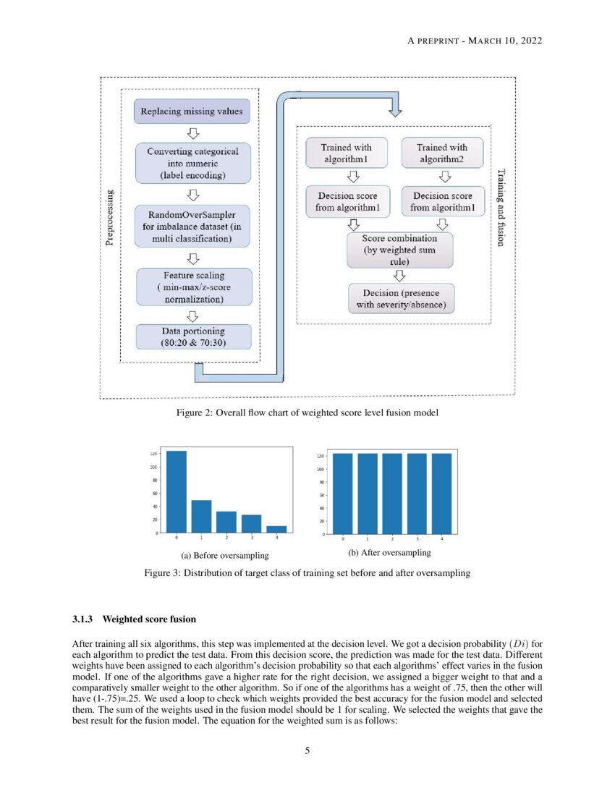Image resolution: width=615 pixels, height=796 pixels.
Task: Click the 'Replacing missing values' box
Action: pos(192,111)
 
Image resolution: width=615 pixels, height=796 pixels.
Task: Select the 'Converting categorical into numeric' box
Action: pos(192,163)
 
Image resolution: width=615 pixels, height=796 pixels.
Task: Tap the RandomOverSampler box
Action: pos(192,225)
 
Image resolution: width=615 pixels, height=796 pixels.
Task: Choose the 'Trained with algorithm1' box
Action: pos(346,153)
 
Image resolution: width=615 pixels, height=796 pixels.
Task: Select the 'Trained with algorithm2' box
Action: pos(442,153)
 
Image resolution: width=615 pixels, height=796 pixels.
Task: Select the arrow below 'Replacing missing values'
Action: pos(192,133)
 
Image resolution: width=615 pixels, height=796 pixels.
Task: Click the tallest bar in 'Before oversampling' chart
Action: pos(177,492)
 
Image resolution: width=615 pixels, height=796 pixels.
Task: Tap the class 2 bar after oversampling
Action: pos(392,494)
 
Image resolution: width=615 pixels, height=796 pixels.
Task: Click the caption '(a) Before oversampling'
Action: pos(224,556)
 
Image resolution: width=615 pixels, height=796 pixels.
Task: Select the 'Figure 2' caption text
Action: pos(307,413)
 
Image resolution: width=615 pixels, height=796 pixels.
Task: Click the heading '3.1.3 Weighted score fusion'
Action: pos(134,619)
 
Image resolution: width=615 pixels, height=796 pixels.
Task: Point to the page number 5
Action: pos(307,750)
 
